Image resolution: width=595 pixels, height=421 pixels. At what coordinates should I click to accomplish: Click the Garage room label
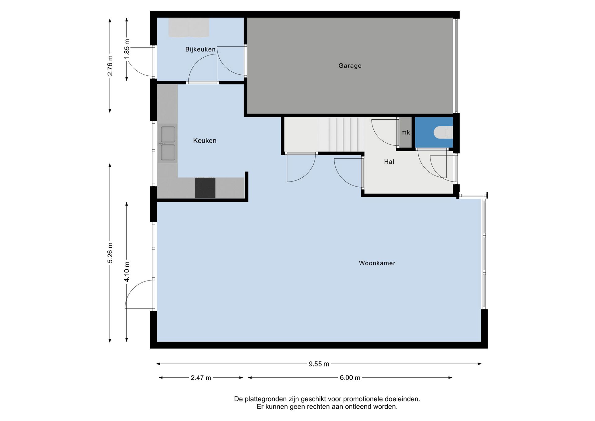click(350, 66)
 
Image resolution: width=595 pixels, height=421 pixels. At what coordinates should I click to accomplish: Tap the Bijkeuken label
click(200, 49)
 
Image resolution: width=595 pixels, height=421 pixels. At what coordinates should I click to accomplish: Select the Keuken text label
click(205, 141)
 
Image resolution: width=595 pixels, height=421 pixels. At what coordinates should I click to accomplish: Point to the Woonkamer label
click(377, 263)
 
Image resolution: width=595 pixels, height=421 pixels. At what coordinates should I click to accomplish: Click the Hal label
click(389, 162)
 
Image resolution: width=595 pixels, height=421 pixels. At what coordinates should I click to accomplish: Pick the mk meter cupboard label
click(405, 133)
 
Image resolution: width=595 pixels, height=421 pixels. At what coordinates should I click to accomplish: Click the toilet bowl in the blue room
click(443, 132)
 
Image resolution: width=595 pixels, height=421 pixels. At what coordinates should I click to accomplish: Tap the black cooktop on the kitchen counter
click(205, 188)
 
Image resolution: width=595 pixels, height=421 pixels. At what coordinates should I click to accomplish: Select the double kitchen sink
click(168, 144)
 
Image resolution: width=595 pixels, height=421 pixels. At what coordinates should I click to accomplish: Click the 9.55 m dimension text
click(319, 364)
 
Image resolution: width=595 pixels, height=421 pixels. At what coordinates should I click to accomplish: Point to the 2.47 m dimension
click(201, 378)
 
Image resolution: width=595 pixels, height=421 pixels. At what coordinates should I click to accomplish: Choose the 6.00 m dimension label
click(350, 378)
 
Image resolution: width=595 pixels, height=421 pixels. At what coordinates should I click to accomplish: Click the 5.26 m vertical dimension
click(110, 253)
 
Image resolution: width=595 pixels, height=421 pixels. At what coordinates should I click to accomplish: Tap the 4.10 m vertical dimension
click(127, 272)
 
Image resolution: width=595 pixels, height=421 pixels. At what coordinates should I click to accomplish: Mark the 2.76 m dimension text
click(110, 65)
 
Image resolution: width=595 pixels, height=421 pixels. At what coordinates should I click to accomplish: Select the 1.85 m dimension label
click(127, 49)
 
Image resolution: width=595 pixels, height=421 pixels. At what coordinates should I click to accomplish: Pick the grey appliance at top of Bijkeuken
click(189, 27)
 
